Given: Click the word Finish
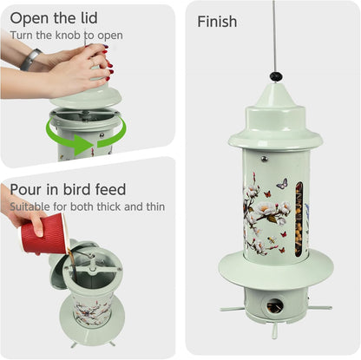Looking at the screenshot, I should (217, 22).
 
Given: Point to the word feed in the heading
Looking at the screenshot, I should (108, 189).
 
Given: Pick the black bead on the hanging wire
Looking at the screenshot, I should (276, 76).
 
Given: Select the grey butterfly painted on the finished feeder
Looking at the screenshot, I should (281, 184).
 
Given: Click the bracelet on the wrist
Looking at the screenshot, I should (31, 59).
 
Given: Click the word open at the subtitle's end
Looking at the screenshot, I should (110, 36).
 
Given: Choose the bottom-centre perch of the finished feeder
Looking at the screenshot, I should (275, 330).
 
